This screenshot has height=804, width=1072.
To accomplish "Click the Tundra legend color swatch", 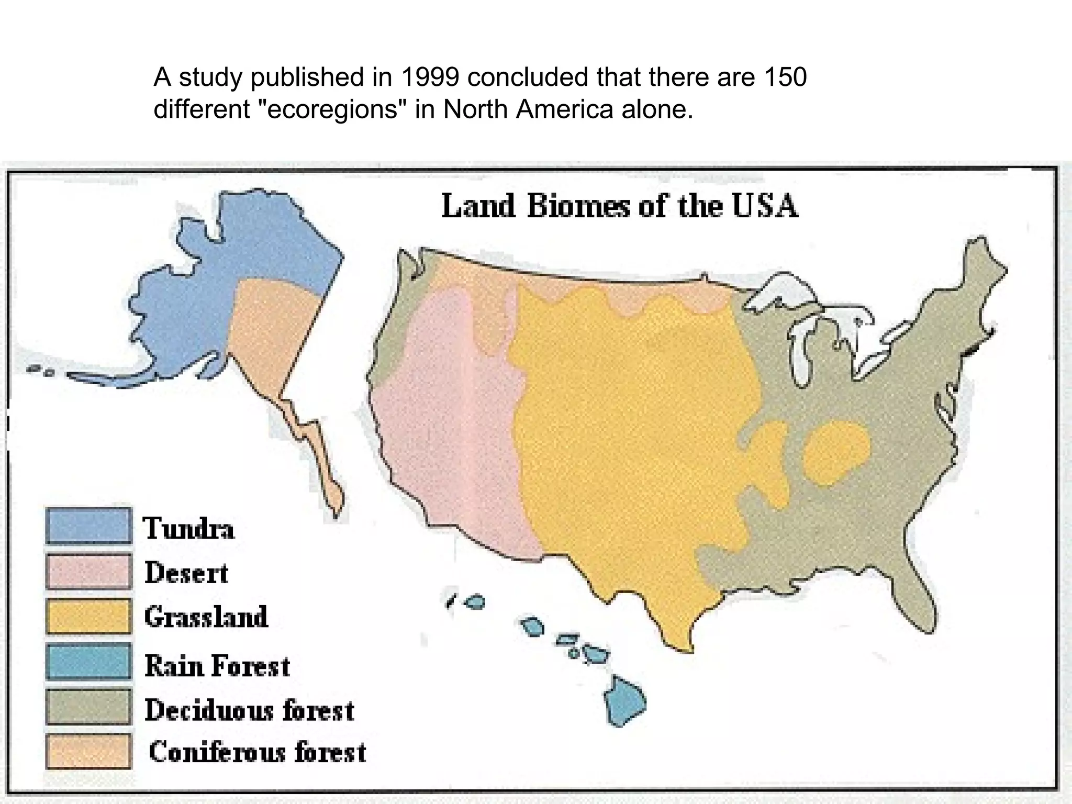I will [88, 526].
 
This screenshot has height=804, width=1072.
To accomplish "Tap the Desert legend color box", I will [88, 571].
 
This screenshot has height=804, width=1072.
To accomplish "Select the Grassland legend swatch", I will [88, 616].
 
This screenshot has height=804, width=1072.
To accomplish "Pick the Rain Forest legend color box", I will [88, 661].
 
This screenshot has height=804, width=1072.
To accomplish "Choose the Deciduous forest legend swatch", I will [88, 707].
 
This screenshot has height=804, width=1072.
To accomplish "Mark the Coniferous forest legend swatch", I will [88, 751].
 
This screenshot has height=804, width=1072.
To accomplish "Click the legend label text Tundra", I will [188, 528].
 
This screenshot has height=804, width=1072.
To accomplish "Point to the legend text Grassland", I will [206, 617].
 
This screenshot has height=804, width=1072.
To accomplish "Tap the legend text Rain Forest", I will [217, 666].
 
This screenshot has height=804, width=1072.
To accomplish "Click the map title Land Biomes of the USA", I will [620, 206].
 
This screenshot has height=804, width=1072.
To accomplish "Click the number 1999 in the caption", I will [430, 77].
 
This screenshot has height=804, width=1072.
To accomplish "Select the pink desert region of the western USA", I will [450, 419].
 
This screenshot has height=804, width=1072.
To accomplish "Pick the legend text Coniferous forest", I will [257, 752].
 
